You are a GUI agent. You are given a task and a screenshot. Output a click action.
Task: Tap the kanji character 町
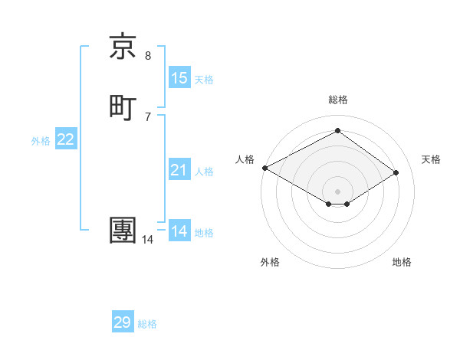pyautogui.click(x=123, y=108)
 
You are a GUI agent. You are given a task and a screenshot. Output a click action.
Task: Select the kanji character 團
pyautogui.click(x=123, y=231)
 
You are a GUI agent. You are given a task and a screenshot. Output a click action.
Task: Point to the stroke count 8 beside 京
pyautogui.click(x=148, y=55)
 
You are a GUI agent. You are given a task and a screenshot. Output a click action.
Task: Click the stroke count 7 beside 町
pyautogui.click(x=148, y=116)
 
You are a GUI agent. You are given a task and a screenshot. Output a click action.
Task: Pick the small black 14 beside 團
pyautogui.click(x=147, y=240)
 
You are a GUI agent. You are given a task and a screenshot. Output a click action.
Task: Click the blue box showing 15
pyautogui.click(x=179, y=78)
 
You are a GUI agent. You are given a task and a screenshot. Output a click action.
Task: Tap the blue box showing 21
pyautogui.click(x=179, y=170)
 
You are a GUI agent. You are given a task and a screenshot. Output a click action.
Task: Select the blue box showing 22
pyautogui.click(x=66, y=139)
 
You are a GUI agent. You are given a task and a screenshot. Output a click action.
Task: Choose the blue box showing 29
pyautogui.click(x=123, y=322)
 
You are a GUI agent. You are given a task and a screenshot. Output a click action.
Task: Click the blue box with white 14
pyautogui.click(x=179, y=231)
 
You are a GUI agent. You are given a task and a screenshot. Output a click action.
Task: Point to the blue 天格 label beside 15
pyautogui.click(x=204, y=80)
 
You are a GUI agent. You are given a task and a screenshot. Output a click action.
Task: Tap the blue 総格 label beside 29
pyautogui.click(x=147, y=324)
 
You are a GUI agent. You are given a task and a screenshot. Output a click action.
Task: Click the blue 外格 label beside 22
pyautogui.click(x=41, y=141)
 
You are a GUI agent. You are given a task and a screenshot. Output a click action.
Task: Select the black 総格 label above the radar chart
pyautogui.click(x=338, y=100)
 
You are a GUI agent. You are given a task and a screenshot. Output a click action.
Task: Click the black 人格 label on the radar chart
pyautogui.click(x=245, y=159)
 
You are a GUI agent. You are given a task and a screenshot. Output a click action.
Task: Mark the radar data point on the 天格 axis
pyautogui.click(x=396, y=173)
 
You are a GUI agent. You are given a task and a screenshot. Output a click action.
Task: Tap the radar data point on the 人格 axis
pyautogui.click(x=264, y=168)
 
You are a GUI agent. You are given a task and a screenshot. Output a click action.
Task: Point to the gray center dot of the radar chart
pyautogui.click(x=338, y=191)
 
